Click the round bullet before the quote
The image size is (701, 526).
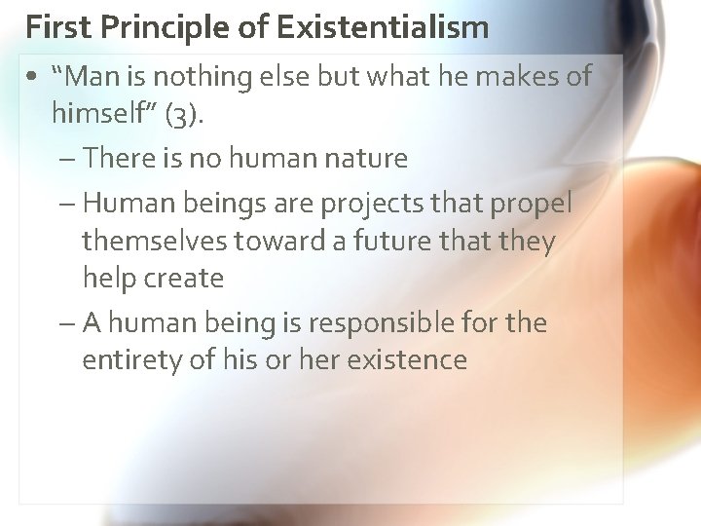pos(34,78)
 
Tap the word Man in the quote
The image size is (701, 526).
pos(103,77)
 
